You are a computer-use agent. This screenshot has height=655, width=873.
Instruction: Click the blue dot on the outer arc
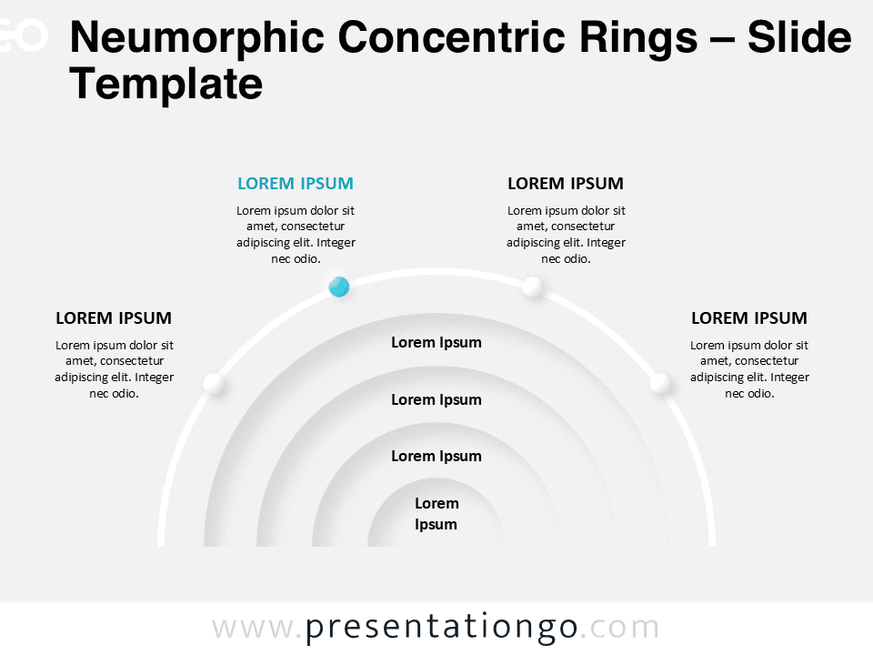pyautogui.click(x=339, y=287)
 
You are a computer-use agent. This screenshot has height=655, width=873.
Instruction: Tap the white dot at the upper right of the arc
pyautogui.click(x=532, y=287)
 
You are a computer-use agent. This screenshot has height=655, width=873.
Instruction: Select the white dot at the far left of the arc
pyautogui.click(x=213, y=384)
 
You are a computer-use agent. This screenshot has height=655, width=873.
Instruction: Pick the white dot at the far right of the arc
pyautogui.click(x=660, y=384)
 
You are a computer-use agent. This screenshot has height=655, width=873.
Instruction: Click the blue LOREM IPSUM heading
pyautogui.click(x=296, y=183)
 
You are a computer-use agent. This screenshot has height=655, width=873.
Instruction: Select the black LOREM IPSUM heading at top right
pyautogui.click(x=566, y=183)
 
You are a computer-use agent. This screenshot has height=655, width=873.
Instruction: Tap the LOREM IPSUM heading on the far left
pyautogui.click(x=114, y=318)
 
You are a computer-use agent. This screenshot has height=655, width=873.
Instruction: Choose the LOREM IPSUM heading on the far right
pyautogui.click(x=749, y=318)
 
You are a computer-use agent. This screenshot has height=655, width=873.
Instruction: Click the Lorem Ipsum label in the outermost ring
pyautogui.click(x=436, y=343)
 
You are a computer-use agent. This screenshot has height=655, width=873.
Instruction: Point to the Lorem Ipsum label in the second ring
pyautogui.click(x=436, y=400)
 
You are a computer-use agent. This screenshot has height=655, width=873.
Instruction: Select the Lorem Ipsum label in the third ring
pyautogui.click(x=436, y=456)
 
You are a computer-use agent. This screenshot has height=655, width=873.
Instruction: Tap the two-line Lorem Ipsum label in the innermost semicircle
pyautogui.click(x=436, y=513)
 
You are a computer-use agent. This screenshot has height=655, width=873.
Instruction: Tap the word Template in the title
pyautogui.click(x=166, y=85)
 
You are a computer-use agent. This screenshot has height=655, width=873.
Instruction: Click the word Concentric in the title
pyautogui.click(x=452, y=37)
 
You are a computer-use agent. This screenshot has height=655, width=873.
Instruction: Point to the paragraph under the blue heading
pyautogui.click(x=296, y=235)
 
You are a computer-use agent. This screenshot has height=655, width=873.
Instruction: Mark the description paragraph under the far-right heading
pyautogui.click(x=749, y=369)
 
